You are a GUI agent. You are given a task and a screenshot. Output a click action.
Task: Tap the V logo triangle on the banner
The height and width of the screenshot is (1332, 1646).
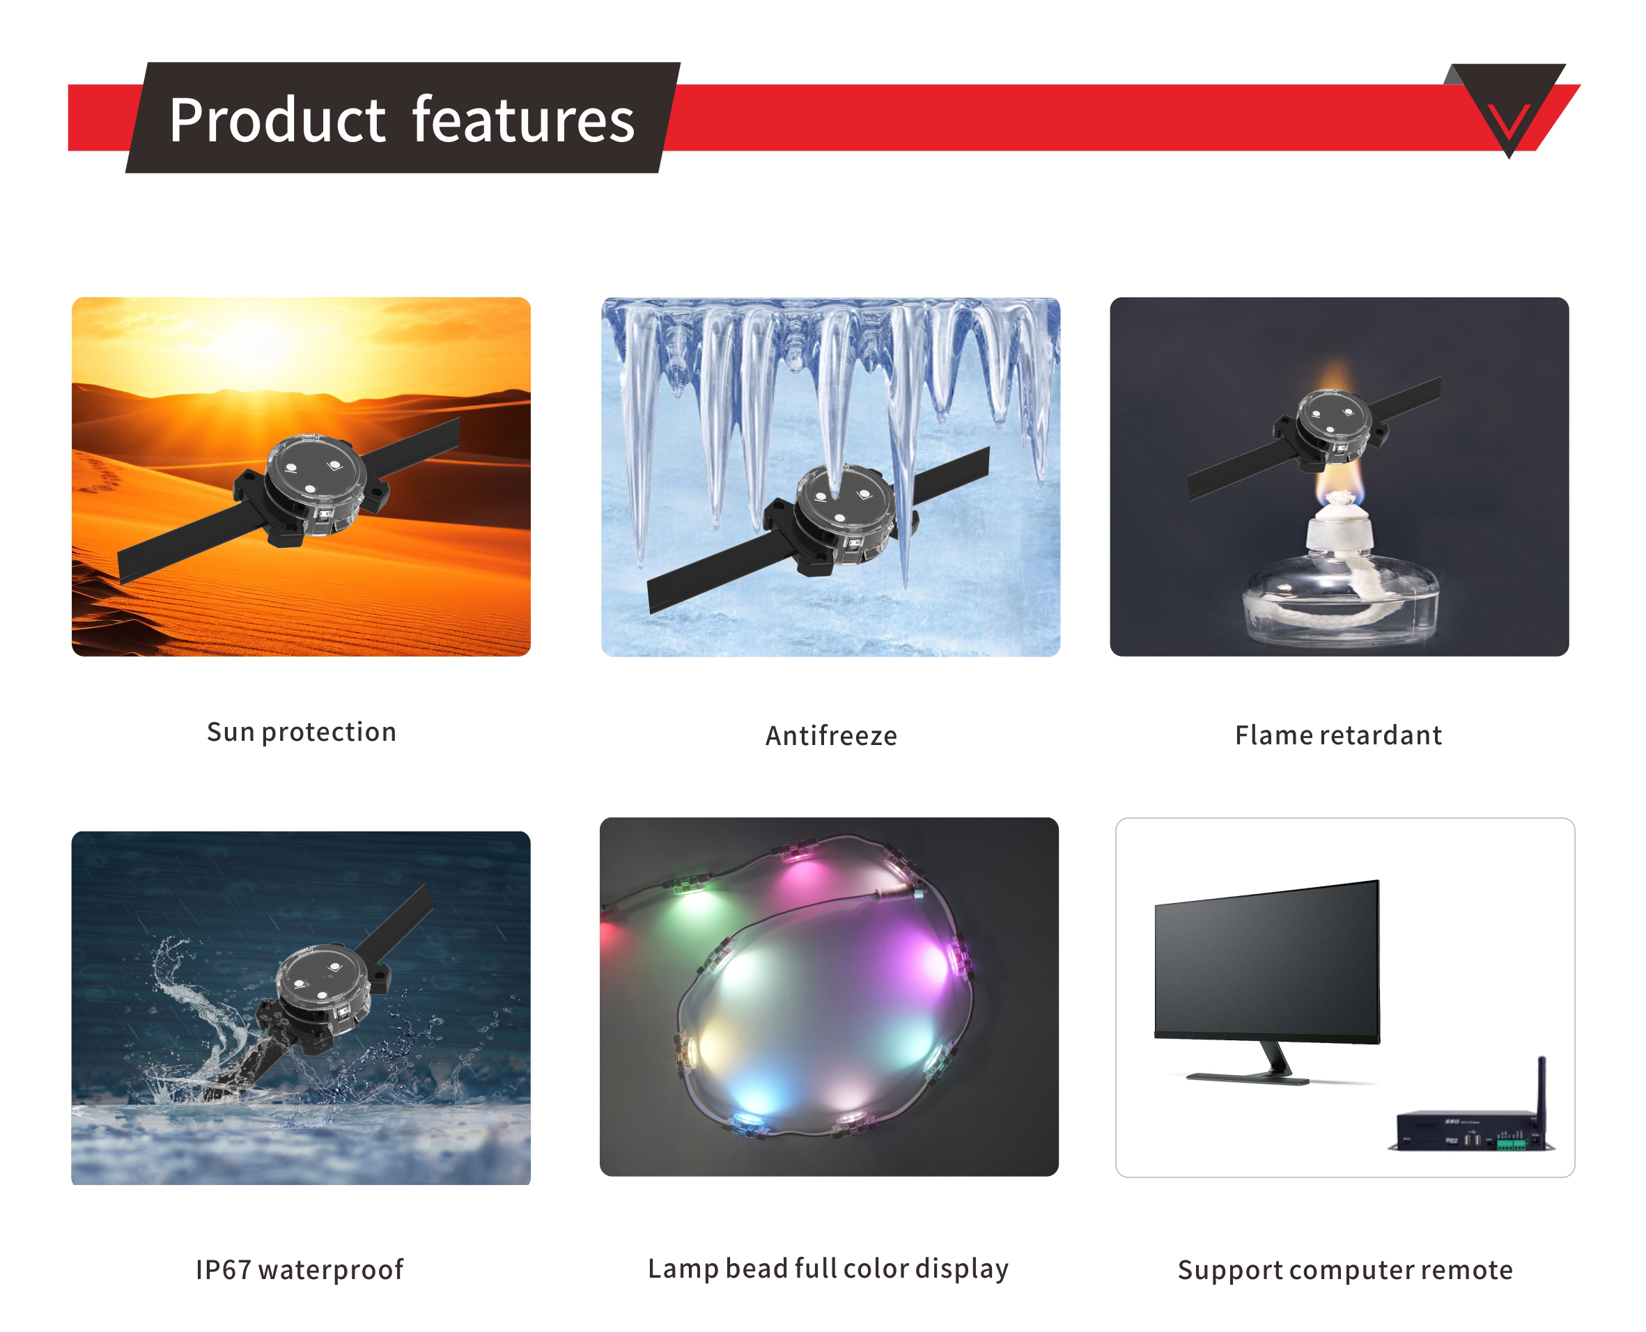[1507, 107]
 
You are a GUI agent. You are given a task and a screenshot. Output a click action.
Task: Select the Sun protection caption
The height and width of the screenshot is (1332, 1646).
[302, 732]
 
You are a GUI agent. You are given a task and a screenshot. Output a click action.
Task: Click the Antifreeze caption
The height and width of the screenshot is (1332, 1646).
[832, 736]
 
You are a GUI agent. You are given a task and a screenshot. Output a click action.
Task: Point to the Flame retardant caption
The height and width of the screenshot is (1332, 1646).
[1338, 735]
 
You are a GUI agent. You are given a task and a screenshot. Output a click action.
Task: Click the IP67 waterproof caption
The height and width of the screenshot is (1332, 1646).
[300, 1270]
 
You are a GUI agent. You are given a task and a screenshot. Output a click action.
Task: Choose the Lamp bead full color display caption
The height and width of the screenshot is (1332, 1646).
[828, 1269]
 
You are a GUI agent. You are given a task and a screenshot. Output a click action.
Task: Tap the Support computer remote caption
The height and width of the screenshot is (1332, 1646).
[1345, 1271]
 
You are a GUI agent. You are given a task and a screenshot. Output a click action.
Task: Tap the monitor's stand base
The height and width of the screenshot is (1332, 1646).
[1248, 1077]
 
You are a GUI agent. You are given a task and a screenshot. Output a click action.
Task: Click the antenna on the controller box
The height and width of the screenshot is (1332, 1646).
[1541, 1097]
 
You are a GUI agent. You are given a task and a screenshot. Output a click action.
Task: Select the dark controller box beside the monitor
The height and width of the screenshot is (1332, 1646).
[1470, 1130]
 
